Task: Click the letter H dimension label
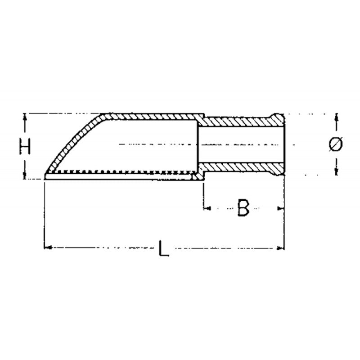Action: (x=26, y=147)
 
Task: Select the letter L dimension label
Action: (x=165, y=248)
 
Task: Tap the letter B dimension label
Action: (x=243, y=208)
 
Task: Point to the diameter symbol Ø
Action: (x=336, y=144)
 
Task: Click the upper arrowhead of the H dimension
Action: (x=25, y=117)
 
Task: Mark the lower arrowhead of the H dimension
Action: (x=25, y=176)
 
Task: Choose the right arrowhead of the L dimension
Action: (x=282, y=247)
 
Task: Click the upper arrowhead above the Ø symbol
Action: (x=336, y=118)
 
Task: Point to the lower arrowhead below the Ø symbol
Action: (x=336, y=171)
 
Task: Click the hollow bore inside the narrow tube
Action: (x=238, y=144)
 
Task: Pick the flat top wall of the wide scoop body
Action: (x=148, y=117)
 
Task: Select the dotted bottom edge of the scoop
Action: (x=121, y=173)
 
